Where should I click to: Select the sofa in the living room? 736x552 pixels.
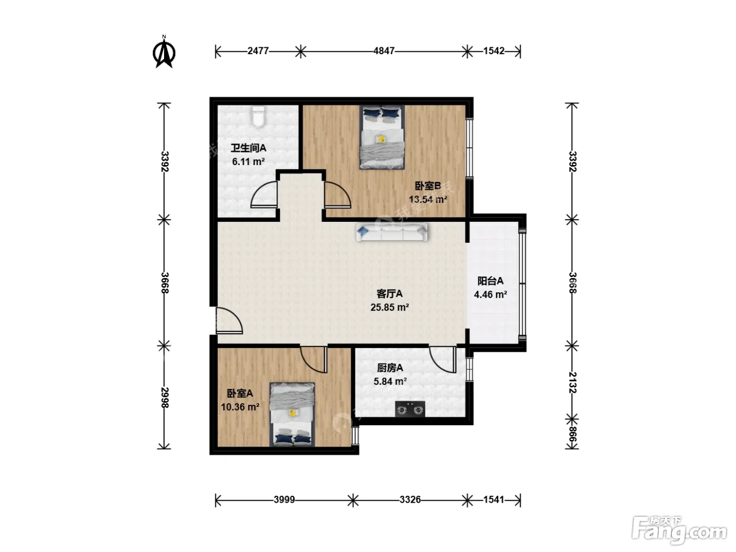[x=392, y=232]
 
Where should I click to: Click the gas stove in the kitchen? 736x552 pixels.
[x=410, y=409]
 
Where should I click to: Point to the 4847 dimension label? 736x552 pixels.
[x=384, y=51]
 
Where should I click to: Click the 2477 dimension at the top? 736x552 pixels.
[x=258, y=51]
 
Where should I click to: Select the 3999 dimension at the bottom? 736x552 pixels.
[x=284, y=500]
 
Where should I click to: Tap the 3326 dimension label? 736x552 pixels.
[x=410, y=500]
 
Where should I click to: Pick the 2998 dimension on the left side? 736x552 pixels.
[x=165, y=397]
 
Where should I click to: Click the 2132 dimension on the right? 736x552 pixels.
[x=573, y=382]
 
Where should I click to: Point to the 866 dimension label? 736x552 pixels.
[x=573, y=435]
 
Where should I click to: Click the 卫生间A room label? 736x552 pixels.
[x=249, y=148]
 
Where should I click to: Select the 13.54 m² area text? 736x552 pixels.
[x=428, y=199]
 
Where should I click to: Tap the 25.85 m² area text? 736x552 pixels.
[x=390, y=307]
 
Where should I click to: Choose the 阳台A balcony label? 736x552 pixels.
[x=490, y=281]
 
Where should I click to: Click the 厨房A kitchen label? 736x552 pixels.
[x=390, y=368]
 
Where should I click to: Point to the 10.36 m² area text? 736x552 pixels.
[x=240, y=407]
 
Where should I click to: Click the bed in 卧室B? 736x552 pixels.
[x=382, y=137]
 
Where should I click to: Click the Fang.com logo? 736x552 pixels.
[x=679, y=530]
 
